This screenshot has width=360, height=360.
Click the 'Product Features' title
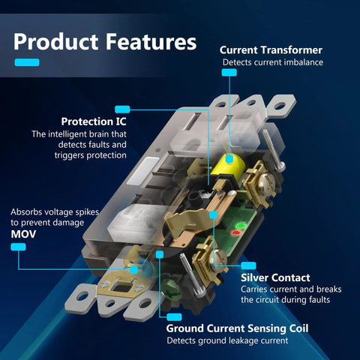point(105,42)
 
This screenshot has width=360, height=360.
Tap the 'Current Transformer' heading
point(271,50)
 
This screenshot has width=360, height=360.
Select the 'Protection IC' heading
point(94,121)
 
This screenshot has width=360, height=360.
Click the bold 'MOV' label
point(23,234)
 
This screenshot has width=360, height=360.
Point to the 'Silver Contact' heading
point(275,277)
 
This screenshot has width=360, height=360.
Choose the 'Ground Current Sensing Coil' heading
point(237,328)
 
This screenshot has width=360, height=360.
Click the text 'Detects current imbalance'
point(273,62)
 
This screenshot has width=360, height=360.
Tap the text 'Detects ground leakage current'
point(227,340)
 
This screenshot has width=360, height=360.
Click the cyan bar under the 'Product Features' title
point(27,62)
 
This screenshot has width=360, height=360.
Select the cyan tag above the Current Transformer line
point(229,73)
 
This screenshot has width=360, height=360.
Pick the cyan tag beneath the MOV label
point(18,247)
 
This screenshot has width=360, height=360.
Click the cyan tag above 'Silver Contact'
point(248,265)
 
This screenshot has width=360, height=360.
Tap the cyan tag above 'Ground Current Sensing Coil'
point(174,317)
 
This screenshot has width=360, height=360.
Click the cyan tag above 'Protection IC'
point(122,109)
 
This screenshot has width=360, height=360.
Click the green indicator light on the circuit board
point(240,226)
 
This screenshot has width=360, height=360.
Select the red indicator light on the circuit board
point(235,233)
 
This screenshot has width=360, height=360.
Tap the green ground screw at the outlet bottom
point(171,287)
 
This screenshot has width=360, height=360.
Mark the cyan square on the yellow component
point(229,159)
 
